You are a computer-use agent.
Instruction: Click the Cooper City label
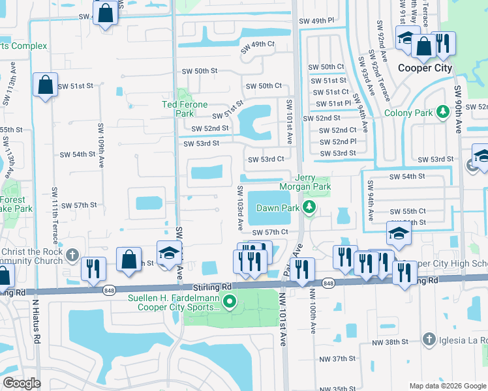424,68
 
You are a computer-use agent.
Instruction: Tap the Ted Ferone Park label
185,108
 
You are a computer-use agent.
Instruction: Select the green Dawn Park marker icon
310,209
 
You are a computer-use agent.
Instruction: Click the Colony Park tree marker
444,113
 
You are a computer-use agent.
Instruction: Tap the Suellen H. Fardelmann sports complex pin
229,301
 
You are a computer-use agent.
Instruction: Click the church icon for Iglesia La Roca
428,339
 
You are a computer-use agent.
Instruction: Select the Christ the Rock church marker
74,255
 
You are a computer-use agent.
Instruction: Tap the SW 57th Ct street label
269,232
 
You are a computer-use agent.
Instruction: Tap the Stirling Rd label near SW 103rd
212,287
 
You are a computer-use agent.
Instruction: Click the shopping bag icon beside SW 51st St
45,85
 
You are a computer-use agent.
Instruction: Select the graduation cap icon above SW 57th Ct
399,233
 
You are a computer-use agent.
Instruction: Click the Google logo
22,383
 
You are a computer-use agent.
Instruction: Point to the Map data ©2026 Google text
447,386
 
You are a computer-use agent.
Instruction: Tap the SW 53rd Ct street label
266,159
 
